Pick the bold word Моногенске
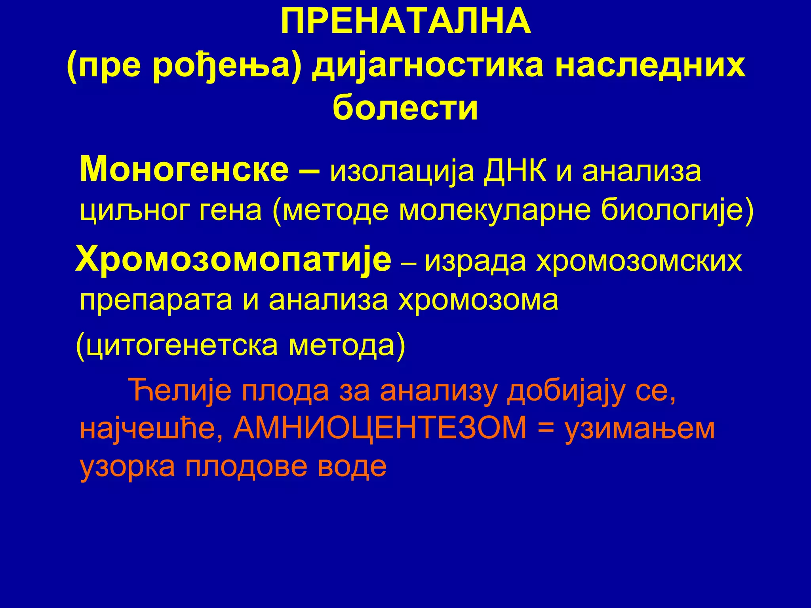[185, 169]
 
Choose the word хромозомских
[639, 261]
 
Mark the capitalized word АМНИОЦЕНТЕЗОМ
[381, 428]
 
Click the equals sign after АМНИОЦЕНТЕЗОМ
[546, 429]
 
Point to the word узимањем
[640, 429]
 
